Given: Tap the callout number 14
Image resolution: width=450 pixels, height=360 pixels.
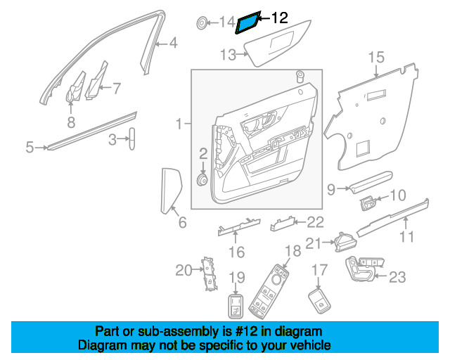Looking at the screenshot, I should click(x=226, y=23).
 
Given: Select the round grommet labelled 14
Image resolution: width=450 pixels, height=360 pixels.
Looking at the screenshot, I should click(x=202, y=23).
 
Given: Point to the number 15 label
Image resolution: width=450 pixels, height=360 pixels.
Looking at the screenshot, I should click(x=376, y=56).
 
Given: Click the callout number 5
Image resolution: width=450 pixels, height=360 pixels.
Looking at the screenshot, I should click(x=30, y=148).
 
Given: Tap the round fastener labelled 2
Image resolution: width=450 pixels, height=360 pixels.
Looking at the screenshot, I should click(x=202, y=181).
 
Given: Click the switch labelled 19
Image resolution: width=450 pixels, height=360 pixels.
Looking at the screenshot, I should click(x=237, y=307).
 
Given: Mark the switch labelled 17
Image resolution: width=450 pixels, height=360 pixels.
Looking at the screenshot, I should click(x=320, y=302).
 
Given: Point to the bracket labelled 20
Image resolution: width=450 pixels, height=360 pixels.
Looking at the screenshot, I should click(x=207, y=273).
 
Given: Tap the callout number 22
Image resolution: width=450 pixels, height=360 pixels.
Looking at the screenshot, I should click(x=315, y=223).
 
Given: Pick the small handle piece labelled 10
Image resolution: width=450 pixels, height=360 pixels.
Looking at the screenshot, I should click(x=368, y=203).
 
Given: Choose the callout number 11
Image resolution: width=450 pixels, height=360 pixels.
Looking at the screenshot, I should click(x=406, y=236).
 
